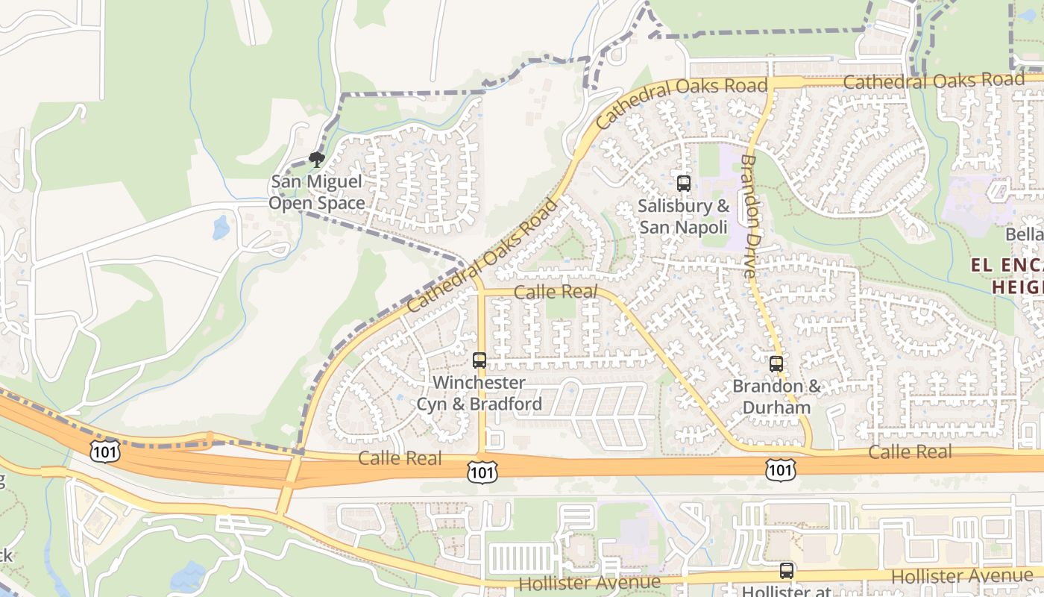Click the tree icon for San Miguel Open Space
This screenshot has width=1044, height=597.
317,159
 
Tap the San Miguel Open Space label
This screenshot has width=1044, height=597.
317,193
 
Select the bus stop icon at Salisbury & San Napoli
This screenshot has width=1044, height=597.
683,183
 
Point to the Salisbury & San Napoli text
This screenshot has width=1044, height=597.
683,216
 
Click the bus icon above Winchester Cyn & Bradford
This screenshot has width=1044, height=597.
479,360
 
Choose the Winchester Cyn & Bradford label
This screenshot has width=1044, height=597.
479,393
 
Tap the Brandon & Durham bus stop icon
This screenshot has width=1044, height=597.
776,364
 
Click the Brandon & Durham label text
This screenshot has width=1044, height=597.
776,397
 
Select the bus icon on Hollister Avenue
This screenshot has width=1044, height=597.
787,571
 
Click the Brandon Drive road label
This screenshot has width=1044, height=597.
749,216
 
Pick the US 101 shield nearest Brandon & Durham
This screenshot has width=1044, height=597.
780,469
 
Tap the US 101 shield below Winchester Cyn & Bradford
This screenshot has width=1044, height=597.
482,471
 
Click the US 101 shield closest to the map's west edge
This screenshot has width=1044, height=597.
104,451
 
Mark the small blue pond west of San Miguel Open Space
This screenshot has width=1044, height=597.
221,228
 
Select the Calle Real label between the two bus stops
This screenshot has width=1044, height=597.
556,292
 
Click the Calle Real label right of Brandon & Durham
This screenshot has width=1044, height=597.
910,451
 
